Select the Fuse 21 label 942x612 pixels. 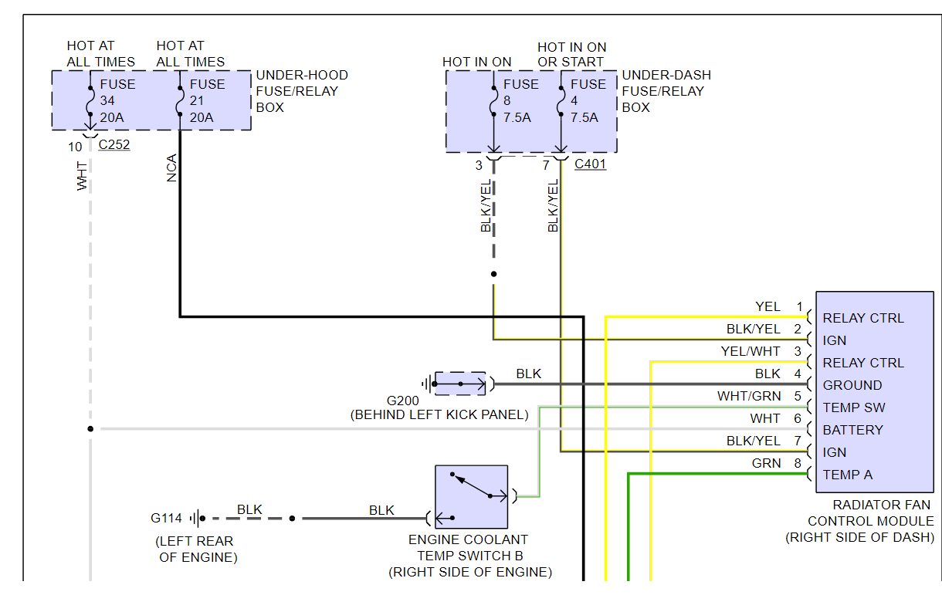tap(207, 101)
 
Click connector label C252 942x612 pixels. tap(114, 144)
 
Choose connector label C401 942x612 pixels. tap(591, 164)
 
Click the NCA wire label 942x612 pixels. tap(171, 168)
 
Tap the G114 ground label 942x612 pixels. tap(168, 519)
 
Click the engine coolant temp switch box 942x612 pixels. tap(471, 496)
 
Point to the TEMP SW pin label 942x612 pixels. tap(854, 407)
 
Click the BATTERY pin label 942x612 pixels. tap(852, 430)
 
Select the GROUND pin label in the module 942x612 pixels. tap(852, 385)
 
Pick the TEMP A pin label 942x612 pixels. tap(848, 475)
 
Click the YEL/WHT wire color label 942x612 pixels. tap(751, 351)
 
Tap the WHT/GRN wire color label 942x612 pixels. tap(749, 397)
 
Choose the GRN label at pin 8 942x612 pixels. tap(766, 464)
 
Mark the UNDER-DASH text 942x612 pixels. tap(666, 76)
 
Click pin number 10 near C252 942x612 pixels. tap(75, 147)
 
